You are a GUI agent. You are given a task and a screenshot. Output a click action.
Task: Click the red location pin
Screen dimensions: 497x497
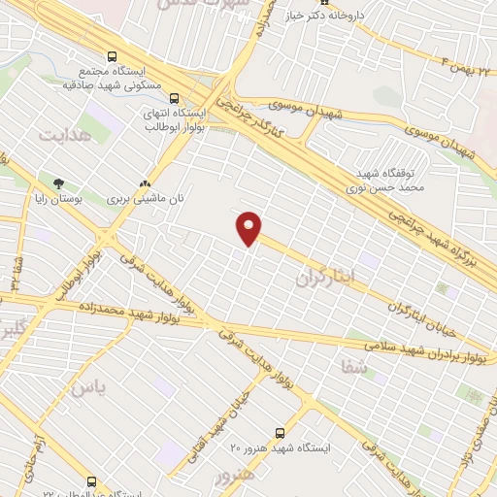point(249,228)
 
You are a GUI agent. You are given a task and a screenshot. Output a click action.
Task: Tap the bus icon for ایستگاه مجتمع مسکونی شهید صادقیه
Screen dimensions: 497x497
point(113,57)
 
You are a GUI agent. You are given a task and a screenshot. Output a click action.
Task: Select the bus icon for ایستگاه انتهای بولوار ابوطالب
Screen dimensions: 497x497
point(175,98)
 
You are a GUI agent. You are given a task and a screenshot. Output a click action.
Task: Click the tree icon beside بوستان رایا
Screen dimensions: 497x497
point(59,182)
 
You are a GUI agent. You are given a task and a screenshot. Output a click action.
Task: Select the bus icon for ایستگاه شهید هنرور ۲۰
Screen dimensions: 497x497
point(280,433)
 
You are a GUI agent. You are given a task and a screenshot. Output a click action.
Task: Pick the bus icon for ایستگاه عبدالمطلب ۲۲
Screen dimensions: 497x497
point(92,481)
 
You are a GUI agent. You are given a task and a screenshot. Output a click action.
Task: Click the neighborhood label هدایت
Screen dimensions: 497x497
point(57,137)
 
